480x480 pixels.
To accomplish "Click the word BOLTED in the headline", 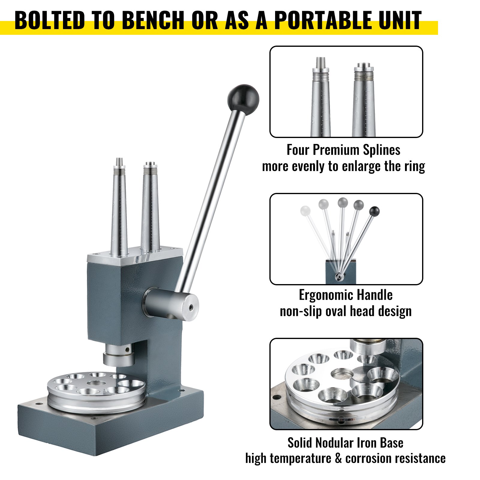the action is [x=49, y=20].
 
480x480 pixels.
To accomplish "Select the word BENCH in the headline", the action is [x=153, y=20].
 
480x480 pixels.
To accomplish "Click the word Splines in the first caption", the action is [x=381, y=150].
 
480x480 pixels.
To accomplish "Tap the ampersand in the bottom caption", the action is [x=338, y=459].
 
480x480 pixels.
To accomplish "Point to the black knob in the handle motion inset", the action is [x=374, y=211].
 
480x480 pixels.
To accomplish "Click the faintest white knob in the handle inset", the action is [x=305, y=210].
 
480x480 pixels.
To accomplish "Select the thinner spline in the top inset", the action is [x=321, y=97].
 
